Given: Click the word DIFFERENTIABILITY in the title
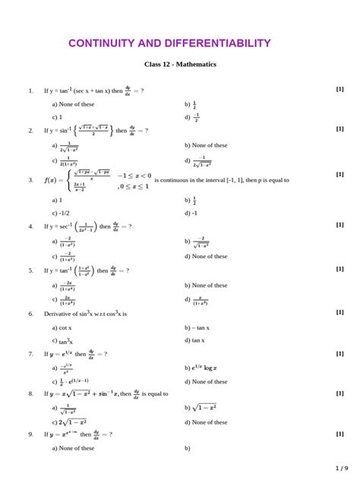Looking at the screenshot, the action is (x=218, y=43).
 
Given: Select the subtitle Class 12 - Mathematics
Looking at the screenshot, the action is (x=180, y=65).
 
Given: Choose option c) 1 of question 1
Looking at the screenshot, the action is (x=57, y=118).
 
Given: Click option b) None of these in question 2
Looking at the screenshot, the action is (x=206, y=145).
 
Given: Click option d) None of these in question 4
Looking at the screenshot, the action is (x=206, y=257).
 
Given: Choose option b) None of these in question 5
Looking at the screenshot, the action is (x=206, y=286).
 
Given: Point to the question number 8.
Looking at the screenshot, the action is (x=30, y=394).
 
